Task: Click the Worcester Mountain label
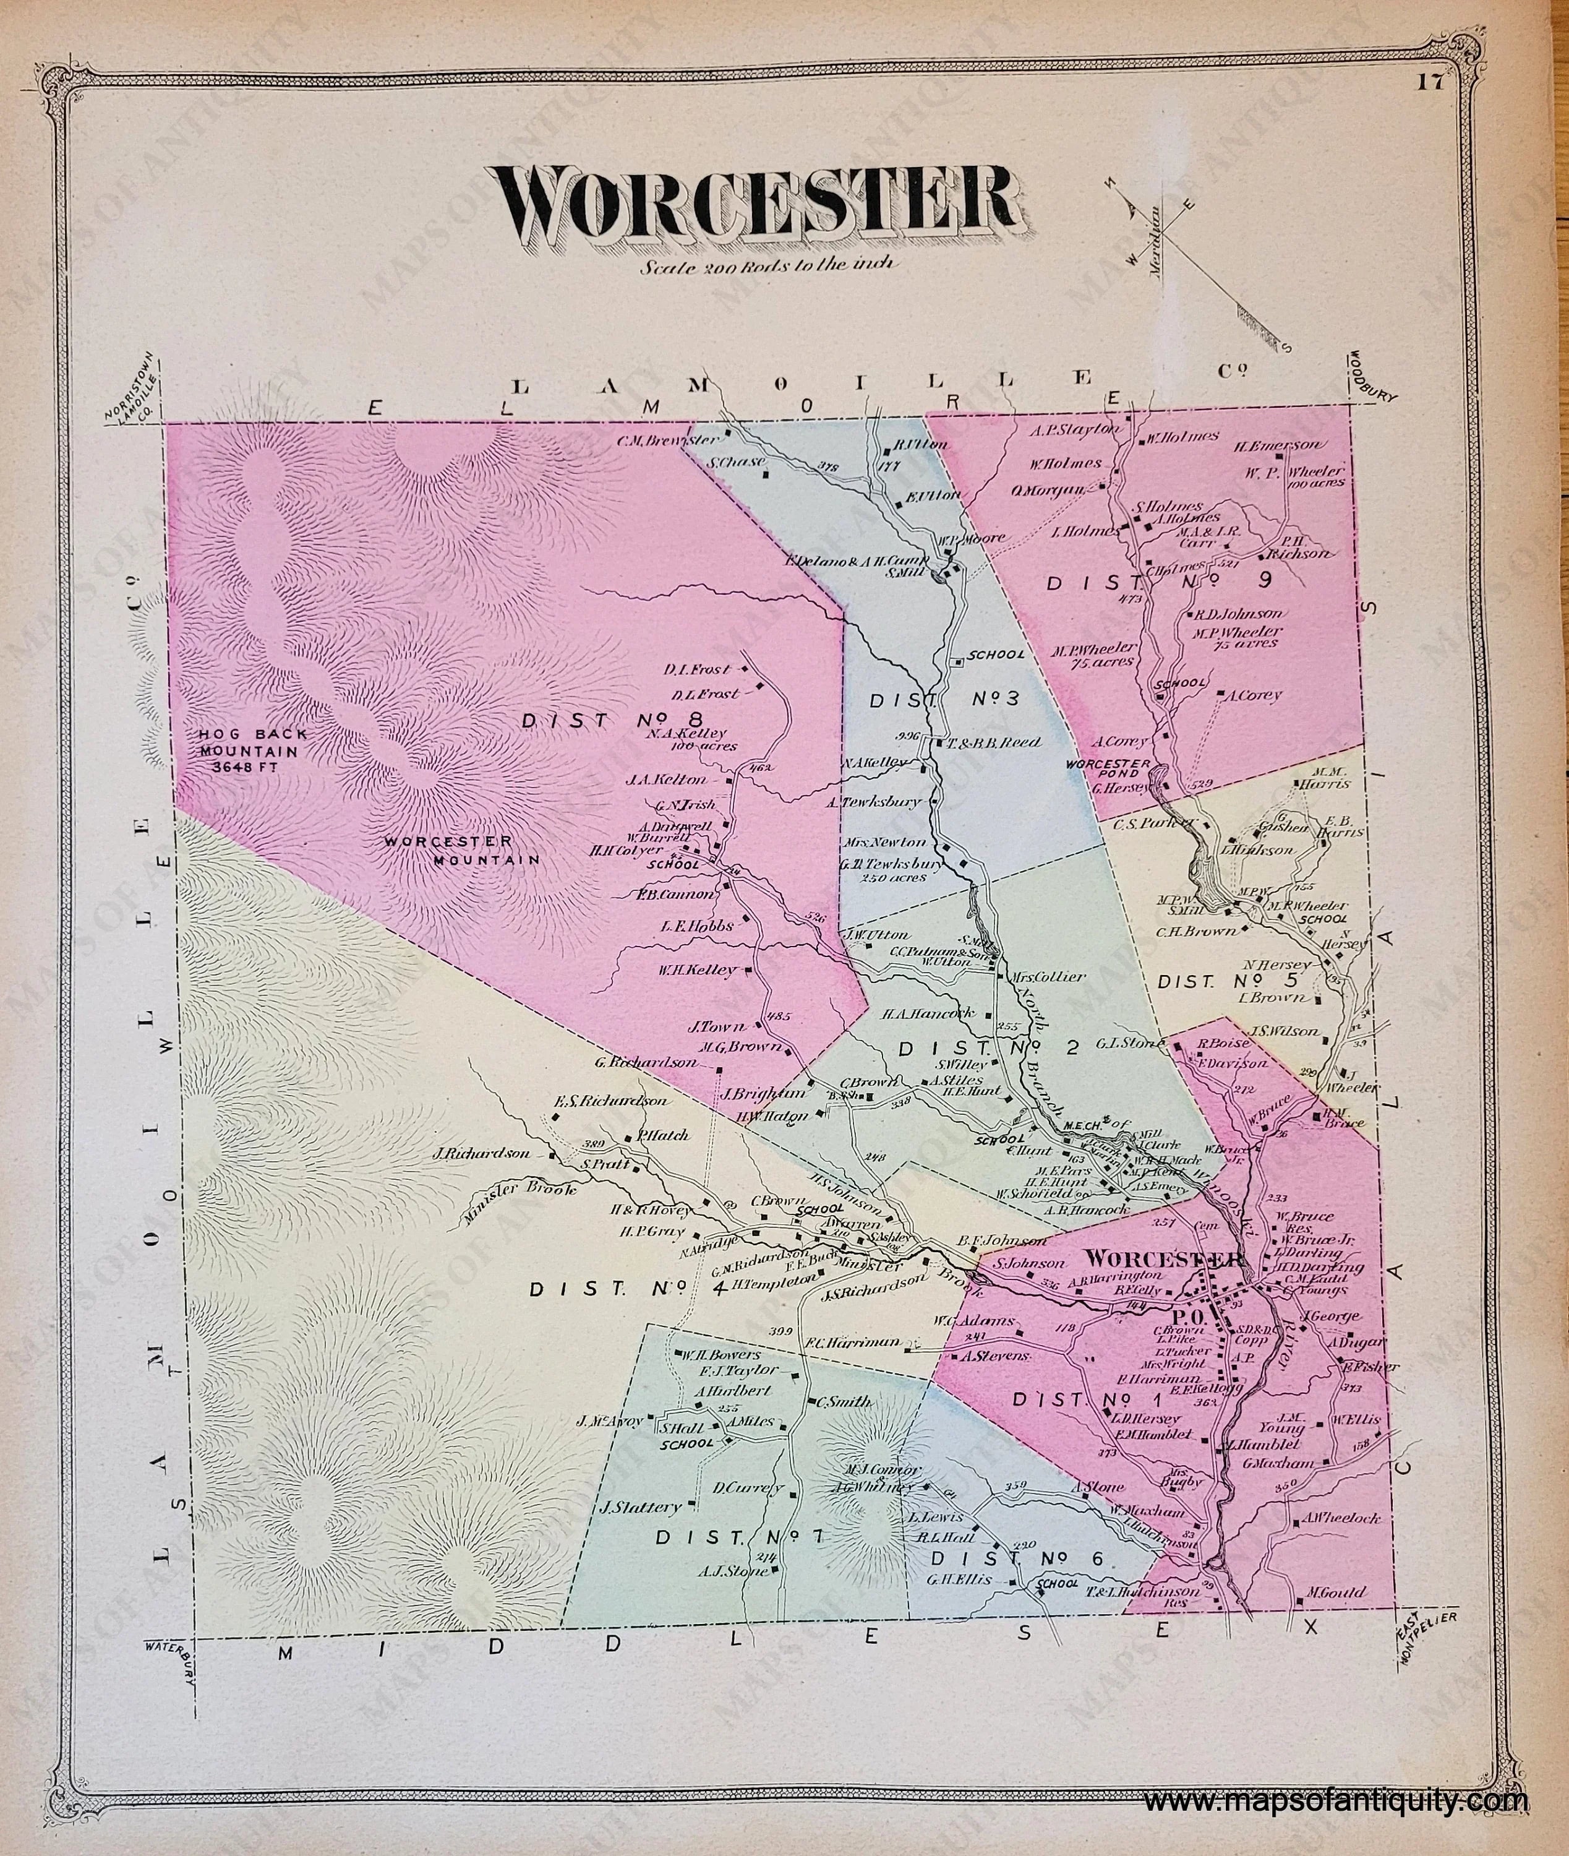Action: (x=463, y=849)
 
